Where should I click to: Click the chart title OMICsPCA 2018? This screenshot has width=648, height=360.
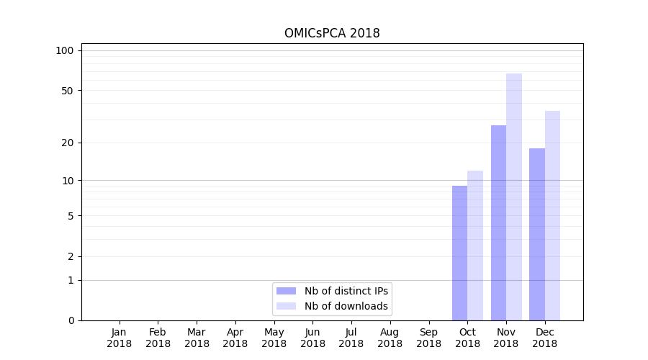[332, 33]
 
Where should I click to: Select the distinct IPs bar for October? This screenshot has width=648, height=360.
[459, 253]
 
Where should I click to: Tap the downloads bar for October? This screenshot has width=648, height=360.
[475, 246]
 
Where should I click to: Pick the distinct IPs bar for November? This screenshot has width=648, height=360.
[498, 222]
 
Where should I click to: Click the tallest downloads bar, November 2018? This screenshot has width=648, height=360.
[514, 197]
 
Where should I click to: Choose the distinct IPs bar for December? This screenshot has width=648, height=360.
[537, 234]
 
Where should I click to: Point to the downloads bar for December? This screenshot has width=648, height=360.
[552, 215]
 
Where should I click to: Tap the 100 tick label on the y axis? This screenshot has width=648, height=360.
[65, 50]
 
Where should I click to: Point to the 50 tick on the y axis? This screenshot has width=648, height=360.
[68, 91]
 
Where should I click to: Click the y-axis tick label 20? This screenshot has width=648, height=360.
[68, 143]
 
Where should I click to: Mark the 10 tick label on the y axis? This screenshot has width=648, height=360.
[68, 180]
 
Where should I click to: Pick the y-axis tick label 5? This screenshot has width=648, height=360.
[71, 215]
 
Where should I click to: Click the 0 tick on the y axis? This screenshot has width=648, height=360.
[71, 320]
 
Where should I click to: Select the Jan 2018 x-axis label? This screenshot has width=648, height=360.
[120, 338]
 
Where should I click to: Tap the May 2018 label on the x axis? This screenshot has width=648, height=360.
[274, 338]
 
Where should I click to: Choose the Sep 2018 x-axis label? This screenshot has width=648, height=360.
[428, 338]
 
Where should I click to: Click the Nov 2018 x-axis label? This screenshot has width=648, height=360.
[506, 338]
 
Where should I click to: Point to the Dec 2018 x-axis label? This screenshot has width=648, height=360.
[544, 338]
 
